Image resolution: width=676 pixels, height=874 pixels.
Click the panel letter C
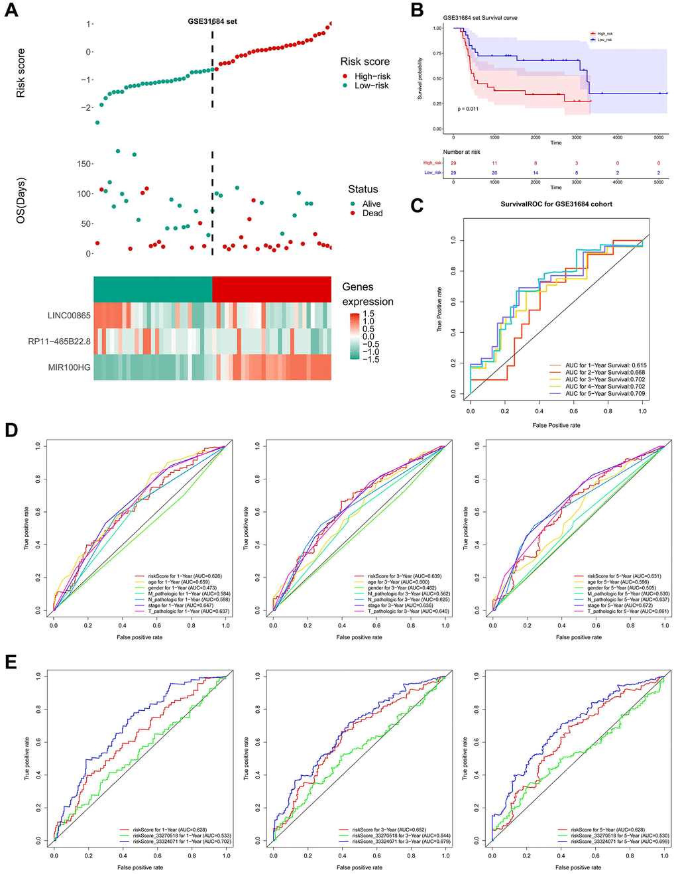click(417, 206)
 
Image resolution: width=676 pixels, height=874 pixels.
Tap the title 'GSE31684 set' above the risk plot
click(212, 21)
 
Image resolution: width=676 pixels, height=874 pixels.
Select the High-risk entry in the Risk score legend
click(372, 76)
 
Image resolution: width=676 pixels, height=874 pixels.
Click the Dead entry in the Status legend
click(372, 213)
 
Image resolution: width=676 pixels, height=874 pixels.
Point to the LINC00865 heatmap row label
click(69, 316)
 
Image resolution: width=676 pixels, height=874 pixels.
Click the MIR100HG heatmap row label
click(69, 367)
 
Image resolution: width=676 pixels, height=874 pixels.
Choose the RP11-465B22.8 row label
click(59, 342)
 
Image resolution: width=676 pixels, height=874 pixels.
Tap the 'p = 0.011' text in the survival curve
click(468, 109)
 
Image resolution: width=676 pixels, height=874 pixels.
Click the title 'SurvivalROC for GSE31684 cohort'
click(556, 204)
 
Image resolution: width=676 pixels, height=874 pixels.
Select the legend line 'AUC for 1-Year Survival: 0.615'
click(606, 365)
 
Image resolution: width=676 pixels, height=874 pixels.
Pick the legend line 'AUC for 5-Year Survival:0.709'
click(604, 393)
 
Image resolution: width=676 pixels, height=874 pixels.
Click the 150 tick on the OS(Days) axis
click(84, 164)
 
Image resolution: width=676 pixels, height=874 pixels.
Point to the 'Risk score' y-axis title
click(21, 73)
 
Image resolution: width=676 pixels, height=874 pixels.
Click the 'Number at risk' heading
click(461, 152)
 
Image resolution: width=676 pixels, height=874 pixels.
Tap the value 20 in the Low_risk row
click(494, 172)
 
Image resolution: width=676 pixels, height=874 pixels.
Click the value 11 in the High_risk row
click(494, 163)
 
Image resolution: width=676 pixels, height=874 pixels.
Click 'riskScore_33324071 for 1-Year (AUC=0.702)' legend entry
click(182, 842)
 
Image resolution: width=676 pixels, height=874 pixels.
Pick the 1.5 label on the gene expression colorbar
click(368, 314)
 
